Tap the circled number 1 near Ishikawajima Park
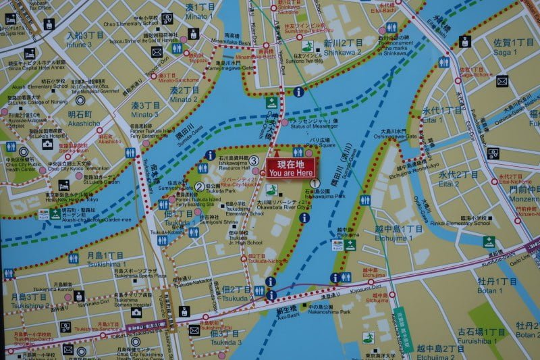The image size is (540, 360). point(314,183)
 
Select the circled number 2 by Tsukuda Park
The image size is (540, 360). point(199,188)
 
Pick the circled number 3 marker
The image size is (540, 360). point(254,161)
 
